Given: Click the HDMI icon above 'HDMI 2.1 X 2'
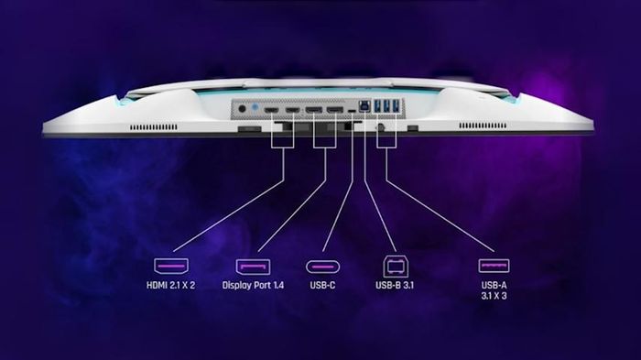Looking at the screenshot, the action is pyautogui.click(x=171, y=267).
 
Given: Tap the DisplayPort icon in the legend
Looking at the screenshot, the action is pyautogui.click(x=253, y=267).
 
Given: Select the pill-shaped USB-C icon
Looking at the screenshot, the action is pyautogui.click(x=322, y=267).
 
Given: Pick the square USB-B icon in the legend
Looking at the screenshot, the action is pyautogui.click(x=396, y=267).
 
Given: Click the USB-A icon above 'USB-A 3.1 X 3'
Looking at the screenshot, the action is pyautogui.click(x=494, y=266).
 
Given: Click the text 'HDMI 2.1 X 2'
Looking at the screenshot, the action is pyautogui.click(x=171, y=285).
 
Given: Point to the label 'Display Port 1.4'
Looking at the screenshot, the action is pyautogui.click(x=253, y=285).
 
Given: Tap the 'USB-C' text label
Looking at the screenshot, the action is pyautogui.click(x=322, y=285).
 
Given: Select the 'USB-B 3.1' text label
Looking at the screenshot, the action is pyautogui.click(x=395, y=285).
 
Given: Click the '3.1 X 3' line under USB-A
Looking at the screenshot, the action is pyautogui.click(x=494, y=296).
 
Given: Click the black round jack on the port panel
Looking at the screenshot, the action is pyautogui.click(x=242, y=109).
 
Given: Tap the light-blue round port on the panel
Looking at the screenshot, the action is pyautogui.click(x=255, y=107).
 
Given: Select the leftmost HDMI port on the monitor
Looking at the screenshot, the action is pyautogui.click(x=271, y=110).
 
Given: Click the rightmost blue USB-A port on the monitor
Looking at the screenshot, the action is pyautogui.click(x=396, y=105).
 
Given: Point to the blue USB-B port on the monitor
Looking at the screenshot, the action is pyautogui.click(x=364, y=106).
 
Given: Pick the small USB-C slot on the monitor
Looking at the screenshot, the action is pyautogui.click(x=352, y=111).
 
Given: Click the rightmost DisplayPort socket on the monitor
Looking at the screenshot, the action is pyautogui.click(x=335, y=110).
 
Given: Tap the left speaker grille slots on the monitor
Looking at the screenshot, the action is pyautogui.click(x=154, y=127).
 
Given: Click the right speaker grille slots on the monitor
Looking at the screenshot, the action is pyautogui.click(x=483, y=125).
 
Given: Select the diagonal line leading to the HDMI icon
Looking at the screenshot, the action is pyautogui.click(x=228, y=215).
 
